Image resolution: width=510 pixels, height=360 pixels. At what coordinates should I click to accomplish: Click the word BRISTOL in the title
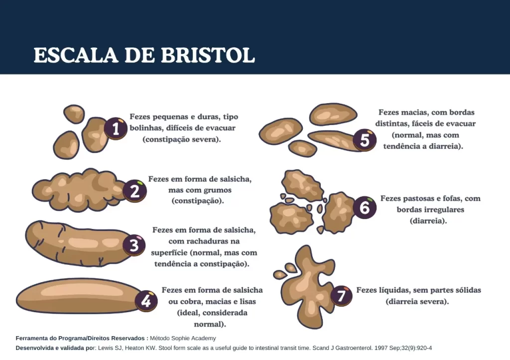(208, 55)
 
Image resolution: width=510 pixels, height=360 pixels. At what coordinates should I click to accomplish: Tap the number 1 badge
(116, 129)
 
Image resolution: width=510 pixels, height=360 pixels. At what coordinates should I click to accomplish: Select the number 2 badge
(134, 191)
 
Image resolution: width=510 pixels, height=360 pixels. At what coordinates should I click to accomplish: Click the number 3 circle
(134, 245)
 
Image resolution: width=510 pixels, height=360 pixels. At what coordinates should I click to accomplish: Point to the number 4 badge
(146, 301)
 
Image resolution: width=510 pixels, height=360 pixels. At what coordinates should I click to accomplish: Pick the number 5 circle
(365, 140)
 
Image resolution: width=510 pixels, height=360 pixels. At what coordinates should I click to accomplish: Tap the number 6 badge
(365, 207)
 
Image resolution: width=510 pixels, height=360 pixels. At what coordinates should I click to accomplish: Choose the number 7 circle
(341, 296)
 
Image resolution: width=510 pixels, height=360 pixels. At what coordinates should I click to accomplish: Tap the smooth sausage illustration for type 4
(78, 296)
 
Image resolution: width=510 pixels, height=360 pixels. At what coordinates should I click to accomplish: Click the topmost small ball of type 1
(74, 114)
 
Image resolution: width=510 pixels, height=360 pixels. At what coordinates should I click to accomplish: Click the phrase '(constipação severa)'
(182, 139)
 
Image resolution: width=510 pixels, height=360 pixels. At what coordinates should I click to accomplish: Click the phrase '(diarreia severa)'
(417, 301)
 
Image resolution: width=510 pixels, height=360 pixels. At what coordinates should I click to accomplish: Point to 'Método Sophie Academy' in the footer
(183, 338)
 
